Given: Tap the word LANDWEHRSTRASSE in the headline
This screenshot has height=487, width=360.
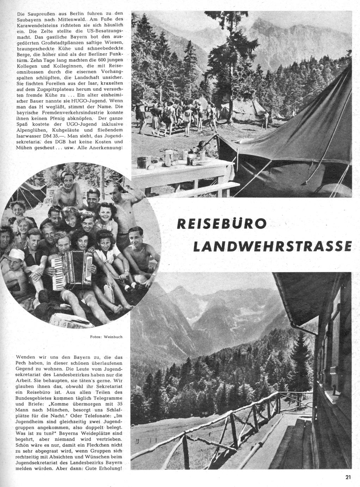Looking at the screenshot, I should click(x=273, y=247).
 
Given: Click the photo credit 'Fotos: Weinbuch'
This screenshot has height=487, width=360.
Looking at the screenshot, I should click(x=106, y=337).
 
